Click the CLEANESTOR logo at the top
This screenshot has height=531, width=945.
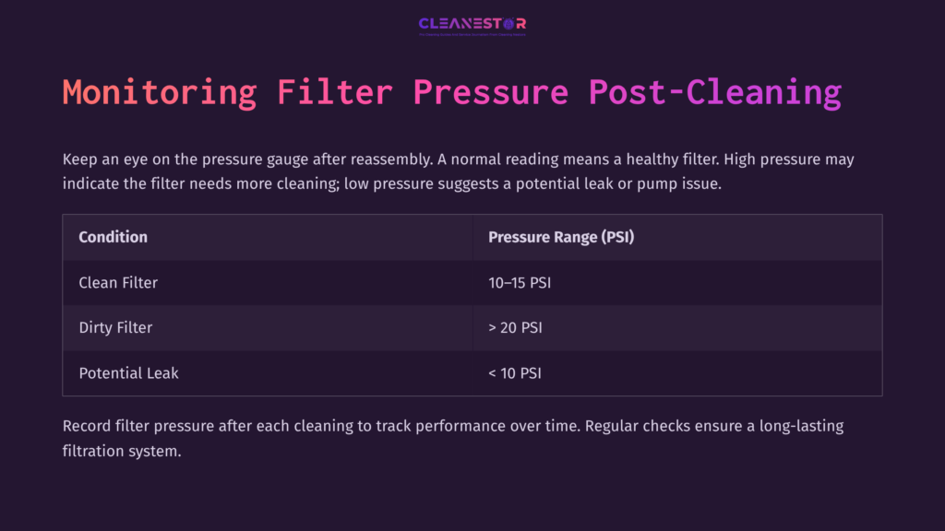pyautogui.click(x=472, y=25)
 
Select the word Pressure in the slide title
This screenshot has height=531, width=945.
pyautogui.click(x=491, y=92)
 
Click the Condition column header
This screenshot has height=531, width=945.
pyautogui.click(x=113, y=237)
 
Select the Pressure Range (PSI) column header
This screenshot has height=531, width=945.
pyautogui.click(x=561, y=237)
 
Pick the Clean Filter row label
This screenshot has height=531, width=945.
pyautogui.click(x=118, y=282)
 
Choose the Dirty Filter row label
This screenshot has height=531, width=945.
pyautogui.click(x=115, y=327)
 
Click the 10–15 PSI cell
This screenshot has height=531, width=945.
pyautogui.click(x=520, y=282)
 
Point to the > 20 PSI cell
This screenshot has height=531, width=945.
pyautogui.click(x=515, y=327)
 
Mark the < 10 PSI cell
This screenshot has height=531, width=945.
pyautogui.click(x=515, y=372)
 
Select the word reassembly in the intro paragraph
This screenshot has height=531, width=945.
pyautogui.click(x=383, y=159)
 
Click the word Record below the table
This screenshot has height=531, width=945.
pyautogui.click(x=89, y=427)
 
